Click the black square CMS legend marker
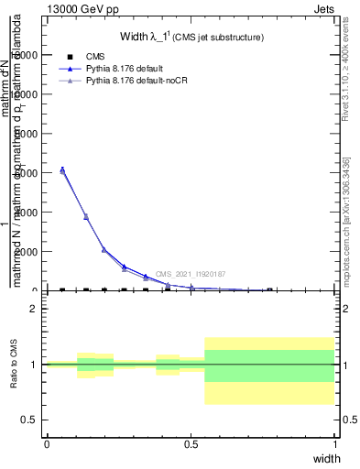(70, 57)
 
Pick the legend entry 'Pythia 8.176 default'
(127, 69)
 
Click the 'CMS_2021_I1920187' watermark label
(191, 274)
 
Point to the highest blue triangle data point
(62, 169)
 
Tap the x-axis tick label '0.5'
(191, 443)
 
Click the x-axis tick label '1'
(334, 443)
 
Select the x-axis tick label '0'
(47, 443)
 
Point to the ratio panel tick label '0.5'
(28, 420)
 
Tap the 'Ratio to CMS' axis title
(14, 365)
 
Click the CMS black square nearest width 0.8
(269, 290)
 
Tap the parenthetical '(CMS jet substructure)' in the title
(219, 38)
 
